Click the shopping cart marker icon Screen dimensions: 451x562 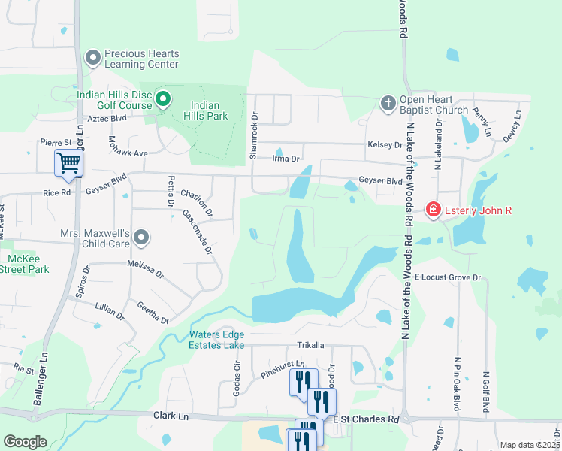pos(68,162)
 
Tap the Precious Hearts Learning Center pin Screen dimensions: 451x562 pos(94,58)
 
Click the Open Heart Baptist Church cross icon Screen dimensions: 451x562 pos(388,102)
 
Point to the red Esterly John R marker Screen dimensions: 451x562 pos(433,210)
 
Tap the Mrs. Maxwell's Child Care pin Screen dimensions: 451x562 pos(141,238)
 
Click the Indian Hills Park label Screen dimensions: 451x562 pos(210,110)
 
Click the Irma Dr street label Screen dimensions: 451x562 pos(286,159)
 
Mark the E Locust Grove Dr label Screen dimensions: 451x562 pos(447,278)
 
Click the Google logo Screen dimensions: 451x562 pos(25,442)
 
